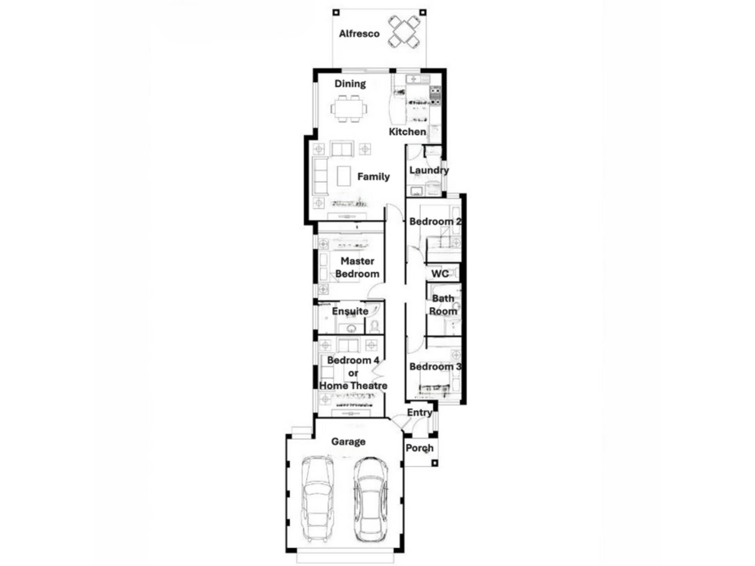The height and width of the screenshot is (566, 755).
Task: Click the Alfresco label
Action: tap(359, 34)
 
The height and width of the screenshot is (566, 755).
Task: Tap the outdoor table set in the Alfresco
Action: tap(404, 31)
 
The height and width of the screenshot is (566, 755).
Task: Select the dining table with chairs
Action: tap(349, 108)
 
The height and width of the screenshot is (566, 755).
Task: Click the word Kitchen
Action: tap(407, 132)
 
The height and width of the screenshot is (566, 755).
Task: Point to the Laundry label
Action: tap(429, 170)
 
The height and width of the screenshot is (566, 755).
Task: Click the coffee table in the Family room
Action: tap(344, 176)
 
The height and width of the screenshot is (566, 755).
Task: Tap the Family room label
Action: tap(374, 177)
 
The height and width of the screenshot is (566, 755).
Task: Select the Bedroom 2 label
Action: tap(435, 221)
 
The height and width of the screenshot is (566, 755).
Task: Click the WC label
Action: tap(440, 274)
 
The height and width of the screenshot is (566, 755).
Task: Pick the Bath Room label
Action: tap(443, 305)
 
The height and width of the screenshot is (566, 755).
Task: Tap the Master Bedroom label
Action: tap(357, 267)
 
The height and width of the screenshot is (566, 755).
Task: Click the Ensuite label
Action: tap(350, 311)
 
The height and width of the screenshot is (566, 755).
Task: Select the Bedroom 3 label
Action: tap(435, 367)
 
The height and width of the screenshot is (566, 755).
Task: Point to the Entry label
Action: tap(420, 413)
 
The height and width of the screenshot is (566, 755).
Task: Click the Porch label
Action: tap(420, 448)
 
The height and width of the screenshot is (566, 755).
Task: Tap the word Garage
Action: tap(348, 442)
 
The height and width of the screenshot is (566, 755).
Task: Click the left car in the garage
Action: tap(317, 500)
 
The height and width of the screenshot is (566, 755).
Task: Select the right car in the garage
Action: tap(371, 500)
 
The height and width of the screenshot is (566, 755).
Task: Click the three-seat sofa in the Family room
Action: tap(320, 176)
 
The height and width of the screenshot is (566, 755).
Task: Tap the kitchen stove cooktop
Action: tap(435, 96)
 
